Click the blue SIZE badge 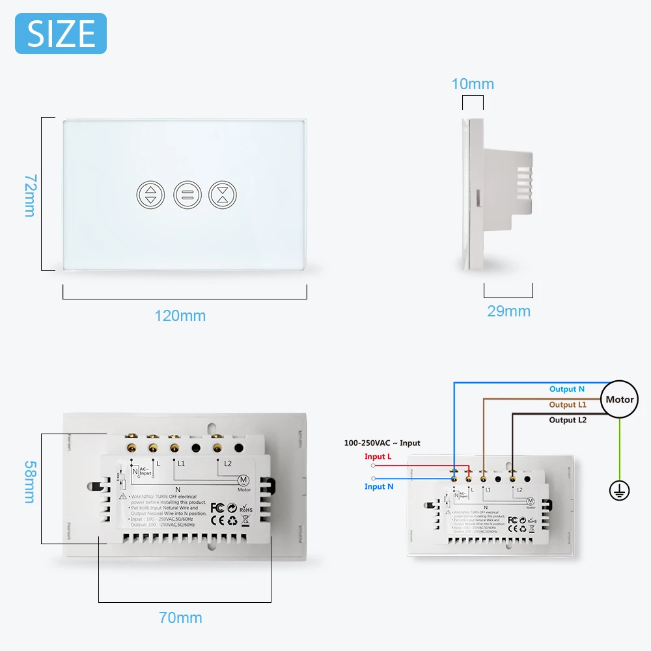(61, 33)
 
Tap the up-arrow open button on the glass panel (151, 194)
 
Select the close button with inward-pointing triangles (223, 194)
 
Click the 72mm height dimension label (30, 195)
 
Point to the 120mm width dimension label (180, 316)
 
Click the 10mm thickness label (473, 84)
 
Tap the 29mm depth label (508, 311)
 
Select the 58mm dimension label (30, 482)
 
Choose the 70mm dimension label (180, 618)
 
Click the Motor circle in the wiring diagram (619, 400)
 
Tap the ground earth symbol (619, 491)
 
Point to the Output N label (566, 389)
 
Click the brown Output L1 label (567, 405)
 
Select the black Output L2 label (567, 420)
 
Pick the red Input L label (378, 456)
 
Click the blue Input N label (379, 486)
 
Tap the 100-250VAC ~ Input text (382, 443)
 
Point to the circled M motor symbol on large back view (243, 480)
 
